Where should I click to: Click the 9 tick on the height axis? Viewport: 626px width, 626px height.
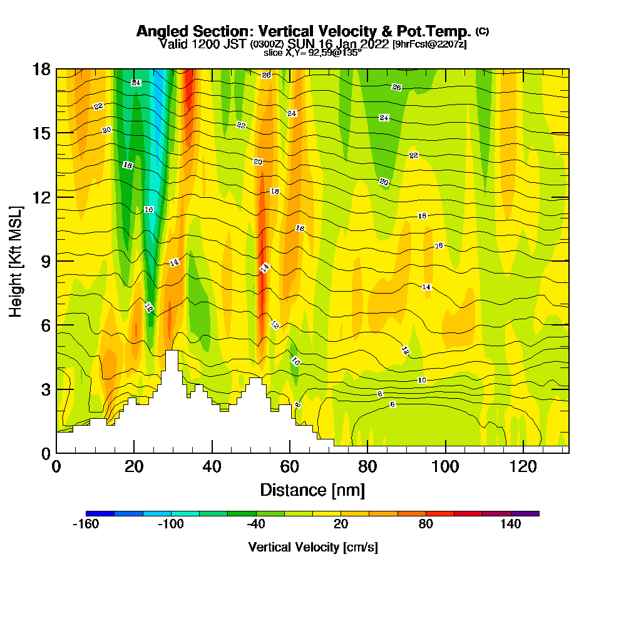point(46,261)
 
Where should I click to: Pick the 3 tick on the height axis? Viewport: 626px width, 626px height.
point(46,389)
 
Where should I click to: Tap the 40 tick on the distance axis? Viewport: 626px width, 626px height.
point(212,466)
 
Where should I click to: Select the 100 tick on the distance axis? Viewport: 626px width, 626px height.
point(445,466)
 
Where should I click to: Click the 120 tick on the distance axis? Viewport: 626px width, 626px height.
point(523,466)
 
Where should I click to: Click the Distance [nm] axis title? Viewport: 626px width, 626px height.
point(312,490)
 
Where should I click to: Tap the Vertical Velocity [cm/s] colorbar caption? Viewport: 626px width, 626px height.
point(312,547)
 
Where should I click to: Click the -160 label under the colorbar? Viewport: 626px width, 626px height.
point(86,525)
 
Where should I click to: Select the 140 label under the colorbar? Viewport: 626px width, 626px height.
point(511,525)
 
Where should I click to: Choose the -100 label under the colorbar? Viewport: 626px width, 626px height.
point(170,525)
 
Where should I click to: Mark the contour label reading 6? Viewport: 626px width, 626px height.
point(393,404)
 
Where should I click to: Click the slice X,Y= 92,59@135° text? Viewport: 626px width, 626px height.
point(312,53)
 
